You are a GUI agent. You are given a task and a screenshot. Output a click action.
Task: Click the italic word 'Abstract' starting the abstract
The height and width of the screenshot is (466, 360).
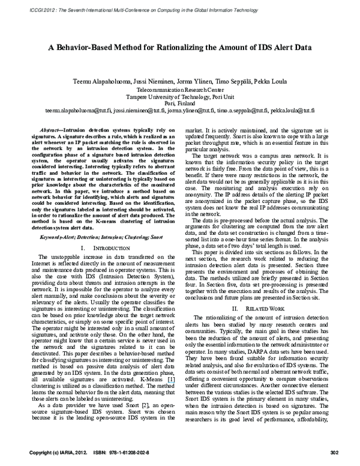point(50,130)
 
